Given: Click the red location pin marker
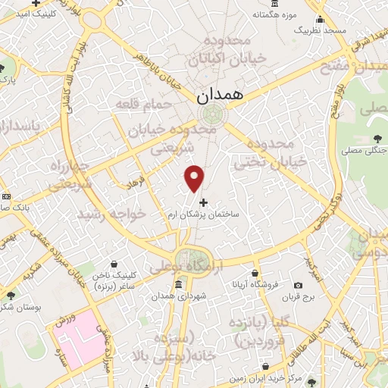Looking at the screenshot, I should (x=195, y=177).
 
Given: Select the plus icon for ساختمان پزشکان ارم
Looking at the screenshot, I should (x=202, y=202).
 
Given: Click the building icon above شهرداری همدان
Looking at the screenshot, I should (x=177, y=284).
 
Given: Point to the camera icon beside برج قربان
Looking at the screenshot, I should (x=297, y=285).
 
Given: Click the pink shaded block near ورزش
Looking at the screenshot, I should (x=80, y=333).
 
